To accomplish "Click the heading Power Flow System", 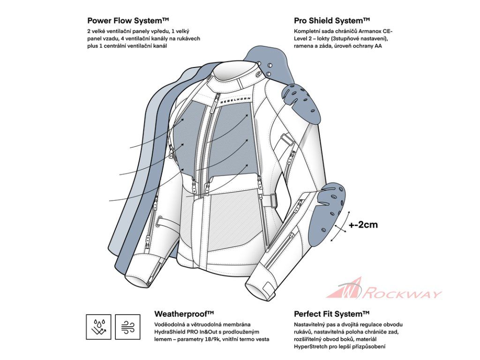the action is click(x=128, y=21).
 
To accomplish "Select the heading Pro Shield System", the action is click(x=332, y=21).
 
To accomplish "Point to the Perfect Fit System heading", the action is click(x=332, y=314).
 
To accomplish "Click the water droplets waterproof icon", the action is click(x=98, y=327).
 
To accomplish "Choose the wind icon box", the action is click(x=127, y=327).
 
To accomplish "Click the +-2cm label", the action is click(x=363, y=225).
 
